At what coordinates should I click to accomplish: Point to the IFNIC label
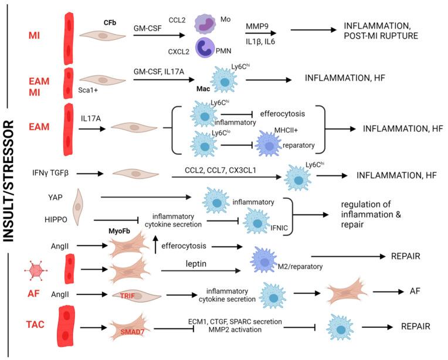(266, 225)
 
